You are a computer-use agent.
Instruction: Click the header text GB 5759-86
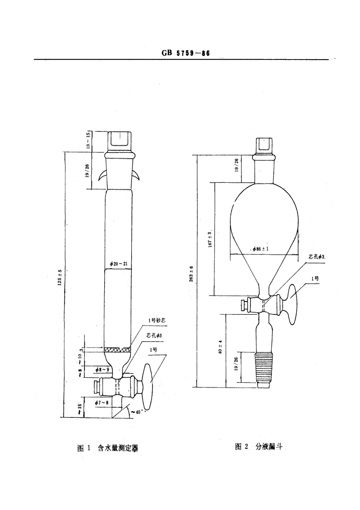coord(185,53)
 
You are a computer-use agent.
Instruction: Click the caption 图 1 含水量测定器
coord(108,448)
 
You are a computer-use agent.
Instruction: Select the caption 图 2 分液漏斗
coord(259,447)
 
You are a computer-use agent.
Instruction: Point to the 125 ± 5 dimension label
coord(59,279)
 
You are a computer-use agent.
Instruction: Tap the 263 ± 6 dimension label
coord(191,274)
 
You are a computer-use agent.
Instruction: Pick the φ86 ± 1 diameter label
coord(260,249)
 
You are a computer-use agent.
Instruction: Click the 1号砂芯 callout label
coord(157,320)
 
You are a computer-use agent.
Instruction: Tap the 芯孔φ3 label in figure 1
coord(154,336)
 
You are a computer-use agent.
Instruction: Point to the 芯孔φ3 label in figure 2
coord(317,257)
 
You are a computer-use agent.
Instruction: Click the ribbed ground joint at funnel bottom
coord(264,367)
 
